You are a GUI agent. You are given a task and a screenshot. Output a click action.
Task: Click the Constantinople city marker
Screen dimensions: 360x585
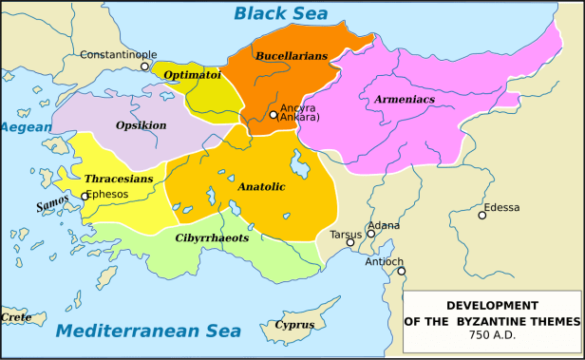pos(145,66)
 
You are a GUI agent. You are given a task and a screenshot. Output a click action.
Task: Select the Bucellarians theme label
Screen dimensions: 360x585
pos(292,56)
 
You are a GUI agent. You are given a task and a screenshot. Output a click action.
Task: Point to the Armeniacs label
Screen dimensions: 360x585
pos(406,99)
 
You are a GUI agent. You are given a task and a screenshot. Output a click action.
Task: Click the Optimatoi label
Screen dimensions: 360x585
pos(193,73)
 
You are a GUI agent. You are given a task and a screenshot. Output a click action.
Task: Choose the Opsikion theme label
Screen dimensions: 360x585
pos(141,124)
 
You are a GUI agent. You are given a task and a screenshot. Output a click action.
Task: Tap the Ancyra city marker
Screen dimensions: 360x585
pos(274,114)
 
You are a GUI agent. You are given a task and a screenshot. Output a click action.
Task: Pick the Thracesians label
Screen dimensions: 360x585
pos(119,179)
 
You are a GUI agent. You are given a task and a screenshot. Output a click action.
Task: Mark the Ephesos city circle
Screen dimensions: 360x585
pos(85,196)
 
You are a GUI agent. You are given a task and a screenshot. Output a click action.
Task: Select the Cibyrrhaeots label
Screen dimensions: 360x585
pos(213,237)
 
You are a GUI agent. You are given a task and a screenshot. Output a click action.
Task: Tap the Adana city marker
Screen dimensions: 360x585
pos(371,234)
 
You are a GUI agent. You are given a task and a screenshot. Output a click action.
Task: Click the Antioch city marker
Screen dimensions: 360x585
pos(402,272)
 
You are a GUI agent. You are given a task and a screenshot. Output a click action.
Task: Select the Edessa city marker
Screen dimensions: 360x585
pos(482,216)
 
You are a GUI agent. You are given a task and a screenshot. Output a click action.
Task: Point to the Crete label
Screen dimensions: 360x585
pos(14,316)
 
